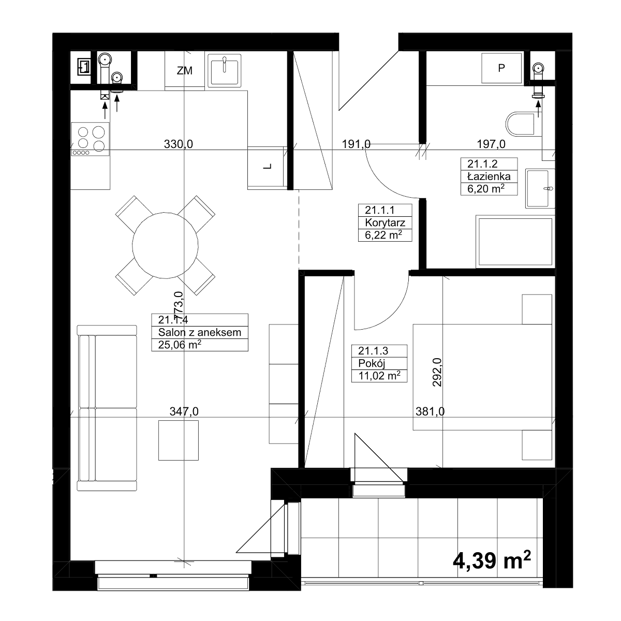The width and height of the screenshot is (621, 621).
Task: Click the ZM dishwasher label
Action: [x=184, y=70]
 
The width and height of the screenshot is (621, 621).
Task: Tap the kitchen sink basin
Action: [x=224, y=70]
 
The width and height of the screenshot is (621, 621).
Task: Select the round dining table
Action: [x=165, y=245]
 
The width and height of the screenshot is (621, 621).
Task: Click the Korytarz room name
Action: [x=385, y=223]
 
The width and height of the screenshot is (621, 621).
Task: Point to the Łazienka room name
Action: [x=489, y=176]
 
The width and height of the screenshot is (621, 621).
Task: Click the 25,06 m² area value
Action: [x=180, y=345]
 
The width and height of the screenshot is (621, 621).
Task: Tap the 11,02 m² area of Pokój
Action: [x=380, y=375]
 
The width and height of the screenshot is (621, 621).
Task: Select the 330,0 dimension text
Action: [x=178, y=144]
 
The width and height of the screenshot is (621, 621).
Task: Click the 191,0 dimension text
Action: [x=356, y=144]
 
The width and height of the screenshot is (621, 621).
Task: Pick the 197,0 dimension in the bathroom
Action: [x=491, y=144]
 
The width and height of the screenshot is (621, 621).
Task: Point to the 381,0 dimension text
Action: [x=430, y=411]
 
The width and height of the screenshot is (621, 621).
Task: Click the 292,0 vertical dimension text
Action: [x=437, y=372]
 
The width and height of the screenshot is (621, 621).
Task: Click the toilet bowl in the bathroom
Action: [x=521, y=124]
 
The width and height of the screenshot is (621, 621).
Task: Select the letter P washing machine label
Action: [x=501, y=68]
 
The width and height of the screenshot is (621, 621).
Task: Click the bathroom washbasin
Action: [x=540, y=188]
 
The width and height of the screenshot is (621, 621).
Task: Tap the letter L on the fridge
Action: [x=267, y=166]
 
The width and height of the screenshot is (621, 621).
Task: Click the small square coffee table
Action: [x=178, y=440]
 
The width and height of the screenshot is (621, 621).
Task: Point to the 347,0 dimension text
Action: [x=184, y=411]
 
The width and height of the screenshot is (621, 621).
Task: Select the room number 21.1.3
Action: [x=373, y=351]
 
